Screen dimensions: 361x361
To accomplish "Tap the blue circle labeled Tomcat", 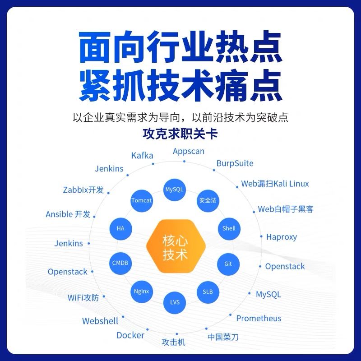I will pos(142,200).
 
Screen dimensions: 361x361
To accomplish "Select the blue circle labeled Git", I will pos(228,264).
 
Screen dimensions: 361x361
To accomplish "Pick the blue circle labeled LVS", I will pos(175,301).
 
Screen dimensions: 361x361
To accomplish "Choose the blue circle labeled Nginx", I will pos(141,291).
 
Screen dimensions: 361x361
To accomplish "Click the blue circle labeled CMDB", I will pos(120,263).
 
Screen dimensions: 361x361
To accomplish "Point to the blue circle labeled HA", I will pos(120,228).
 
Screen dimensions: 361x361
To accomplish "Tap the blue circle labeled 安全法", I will pos(208,200).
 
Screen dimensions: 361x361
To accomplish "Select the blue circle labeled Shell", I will pos(229,228).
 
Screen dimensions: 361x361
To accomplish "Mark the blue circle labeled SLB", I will pos(208,291).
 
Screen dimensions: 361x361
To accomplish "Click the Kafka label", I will pos(142,156).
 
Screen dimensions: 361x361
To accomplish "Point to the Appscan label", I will pos(189,151).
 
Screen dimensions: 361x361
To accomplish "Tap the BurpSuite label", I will pos(235,163).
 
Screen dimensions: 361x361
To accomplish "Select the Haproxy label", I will pos(282,237).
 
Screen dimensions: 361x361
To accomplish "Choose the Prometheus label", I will pos(259,319).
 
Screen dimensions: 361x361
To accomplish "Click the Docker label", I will pos(130,335).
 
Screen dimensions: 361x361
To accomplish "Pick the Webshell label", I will pos(100,321).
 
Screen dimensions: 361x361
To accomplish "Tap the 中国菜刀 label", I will pos(223,337).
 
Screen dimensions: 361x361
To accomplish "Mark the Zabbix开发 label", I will pos(83,190).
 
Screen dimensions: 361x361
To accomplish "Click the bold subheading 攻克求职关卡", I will pos(180,134).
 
